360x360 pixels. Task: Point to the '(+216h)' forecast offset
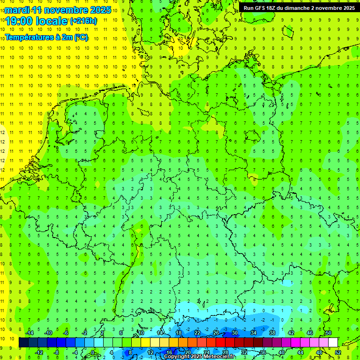(x=83, y=21)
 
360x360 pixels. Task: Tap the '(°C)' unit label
(x=80, y=37)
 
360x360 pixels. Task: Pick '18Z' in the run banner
(x=277, y=8)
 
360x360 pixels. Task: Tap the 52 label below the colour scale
(x=338, y=352)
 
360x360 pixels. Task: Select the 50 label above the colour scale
(x=328, y=333)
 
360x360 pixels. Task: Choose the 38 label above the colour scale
(x=272, y=333)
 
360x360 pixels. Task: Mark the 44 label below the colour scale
(x=300, y=352)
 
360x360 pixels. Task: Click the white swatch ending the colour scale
(x=333, y=343)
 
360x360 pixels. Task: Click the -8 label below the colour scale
(x=57, y=352)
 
